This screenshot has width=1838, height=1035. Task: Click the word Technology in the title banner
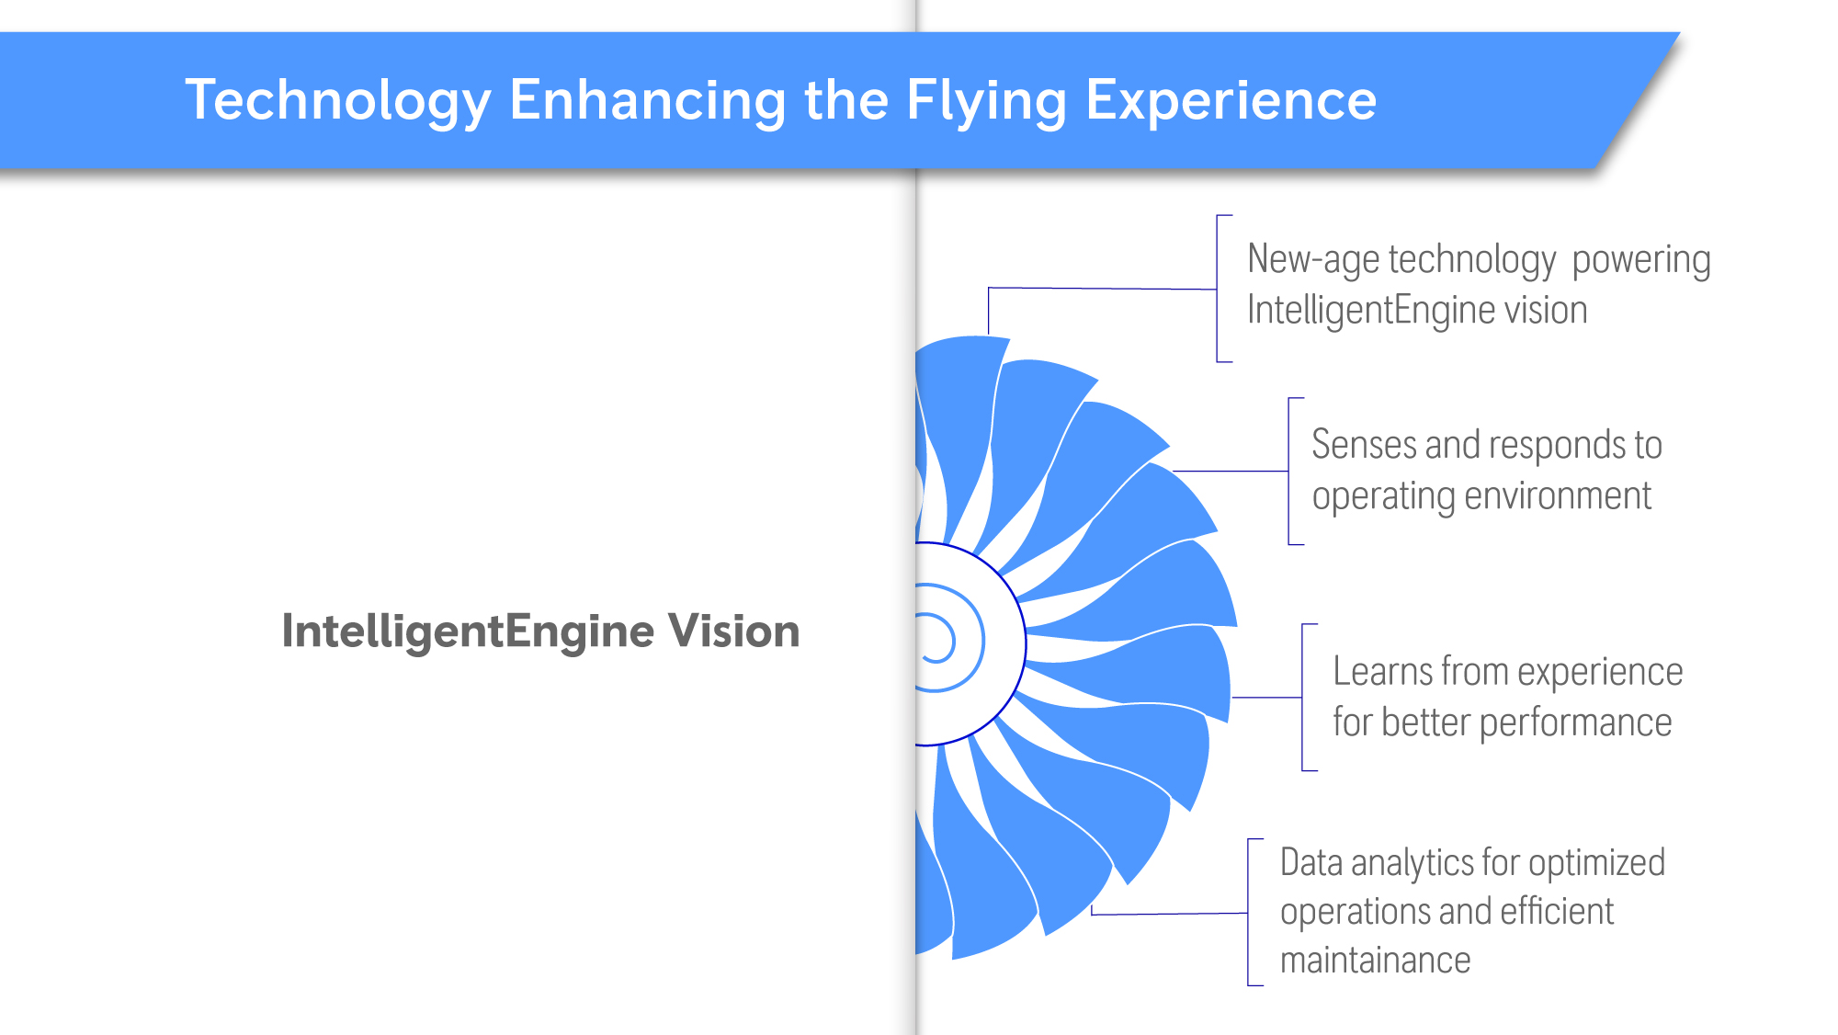pos(338,101)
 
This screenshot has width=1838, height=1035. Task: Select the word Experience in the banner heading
pos(1231,101)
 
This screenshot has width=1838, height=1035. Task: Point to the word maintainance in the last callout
pos(1375,961)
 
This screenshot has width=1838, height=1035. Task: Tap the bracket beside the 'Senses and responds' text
pos(1289,472)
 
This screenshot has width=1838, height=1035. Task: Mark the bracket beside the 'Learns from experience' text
pos(1303,698)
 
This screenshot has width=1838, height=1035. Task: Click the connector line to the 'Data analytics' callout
pos(1169,914)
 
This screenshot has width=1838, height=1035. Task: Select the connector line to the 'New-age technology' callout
pos(1103,289)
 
